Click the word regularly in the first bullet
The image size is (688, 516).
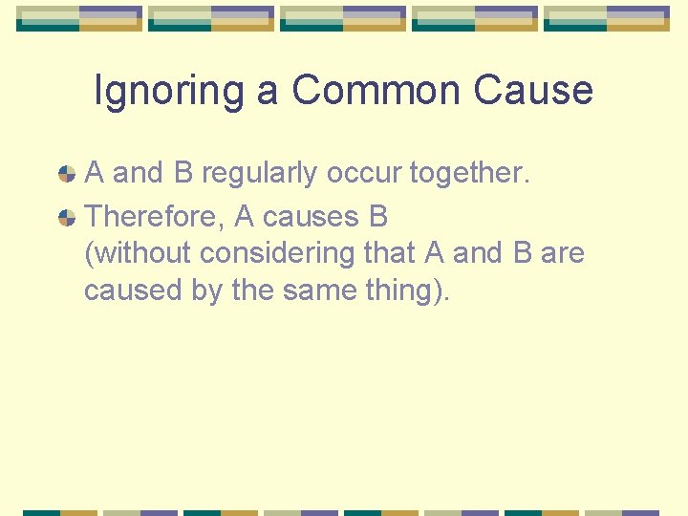click(260, 174)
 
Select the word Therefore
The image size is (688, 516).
click(154, 217)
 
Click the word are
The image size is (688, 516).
click(562, 254)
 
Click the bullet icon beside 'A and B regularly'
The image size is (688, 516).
click(67, 174)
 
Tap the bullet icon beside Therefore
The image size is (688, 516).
click(67, 218)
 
